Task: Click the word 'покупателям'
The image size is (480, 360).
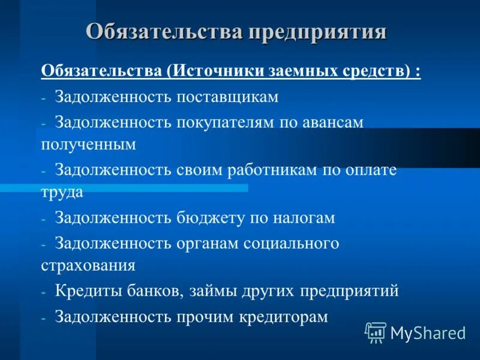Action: [x=227, y=122]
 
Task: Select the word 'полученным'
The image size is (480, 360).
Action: [x=89, y=145]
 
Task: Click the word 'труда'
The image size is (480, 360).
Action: [x=62, y=193]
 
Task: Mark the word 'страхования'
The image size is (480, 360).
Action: [x=88, y=265]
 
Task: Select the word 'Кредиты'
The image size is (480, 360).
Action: [x=89, y=291]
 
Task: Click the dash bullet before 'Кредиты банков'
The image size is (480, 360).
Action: [x=44, y=292]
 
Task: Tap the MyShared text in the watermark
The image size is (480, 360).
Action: [x=428, y=332]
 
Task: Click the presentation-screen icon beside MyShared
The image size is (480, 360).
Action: [x=376, y=332]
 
